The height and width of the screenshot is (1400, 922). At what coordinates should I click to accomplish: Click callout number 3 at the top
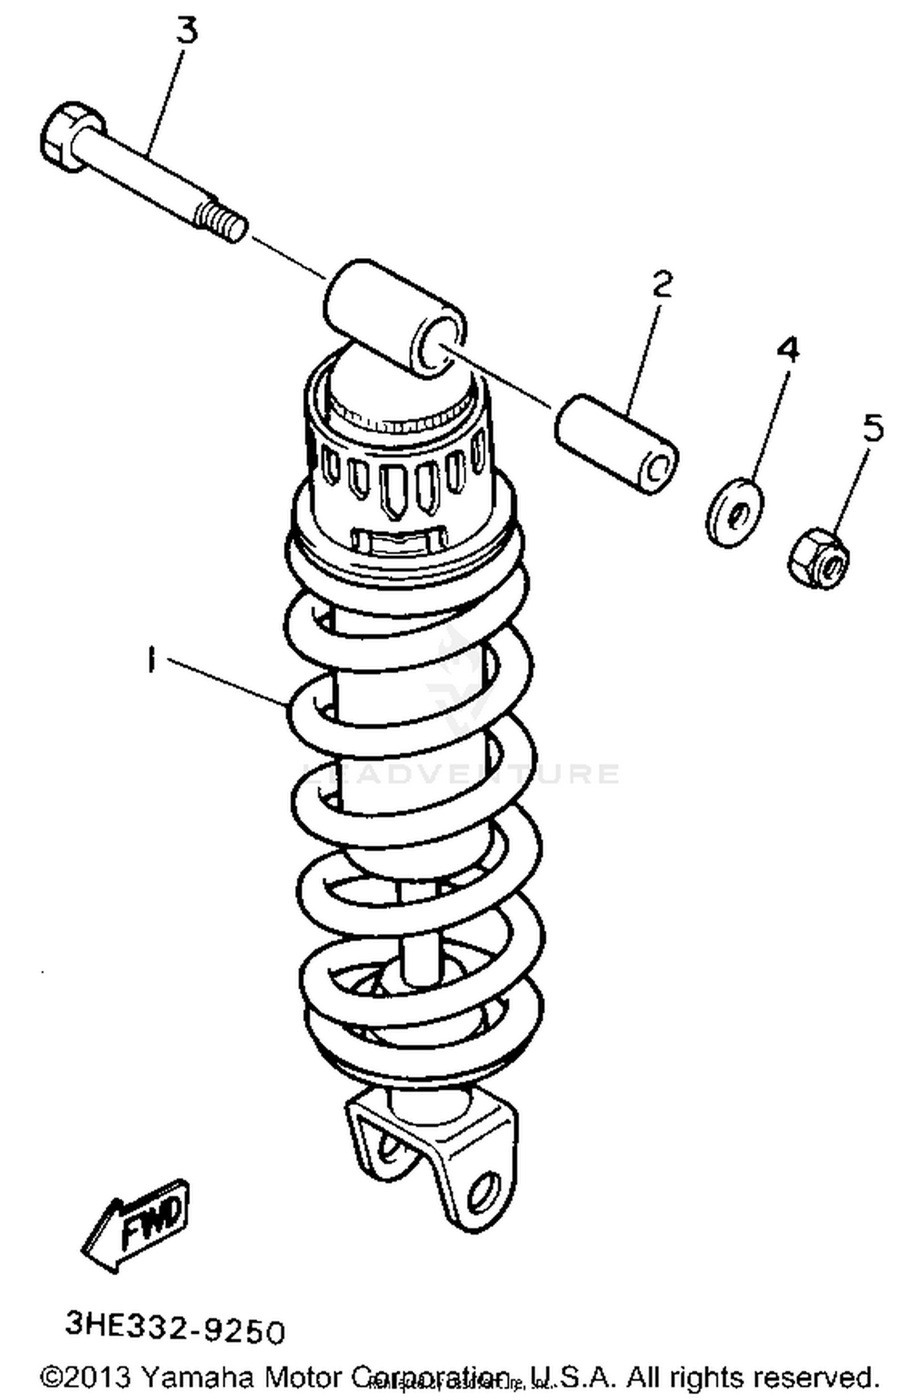tap(188, 31)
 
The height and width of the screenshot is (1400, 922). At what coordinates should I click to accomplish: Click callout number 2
tap(661, 284)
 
